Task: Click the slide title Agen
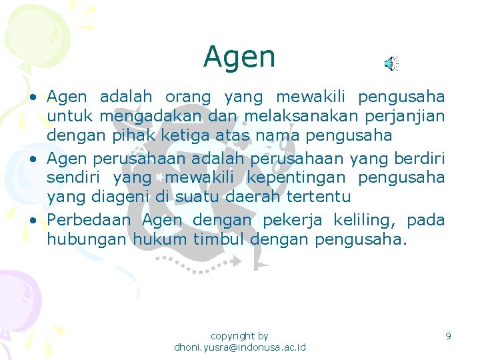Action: coord(239,57)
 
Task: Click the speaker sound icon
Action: coord(391,63)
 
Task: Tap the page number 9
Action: coord(449,336)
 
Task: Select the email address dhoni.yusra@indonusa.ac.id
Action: coord(239,348)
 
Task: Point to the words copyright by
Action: coord(239,336)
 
